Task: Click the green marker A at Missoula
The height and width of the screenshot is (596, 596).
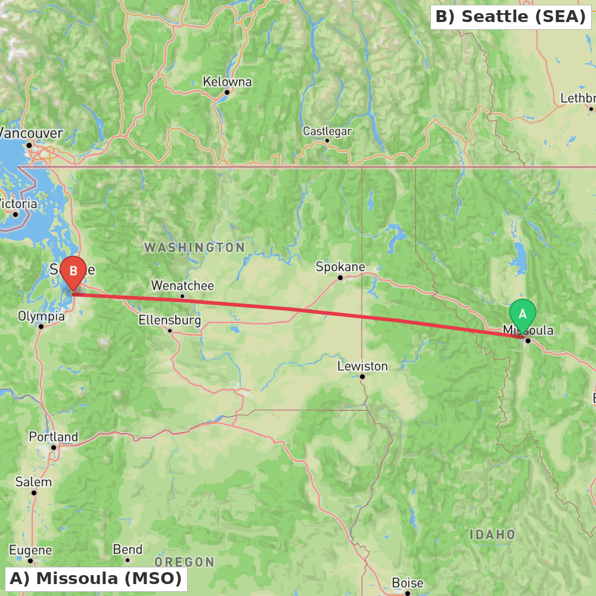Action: pos(523,314)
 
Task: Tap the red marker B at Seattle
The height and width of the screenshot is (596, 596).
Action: pos(73,272)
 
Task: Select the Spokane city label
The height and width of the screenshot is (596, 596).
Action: pos(340,267)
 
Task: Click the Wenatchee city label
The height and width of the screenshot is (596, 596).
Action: pos(182,285)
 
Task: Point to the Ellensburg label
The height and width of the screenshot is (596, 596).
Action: pos(170,320)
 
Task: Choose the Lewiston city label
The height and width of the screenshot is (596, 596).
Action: pos(362,366)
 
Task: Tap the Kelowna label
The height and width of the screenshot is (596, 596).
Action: pos(227,82)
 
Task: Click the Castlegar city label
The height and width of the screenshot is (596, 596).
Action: pos(327,131)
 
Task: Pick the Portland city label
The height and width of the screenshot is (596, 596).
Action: pos(54,437)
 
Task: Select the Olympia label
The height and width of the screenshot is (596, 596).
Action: pos(41,316)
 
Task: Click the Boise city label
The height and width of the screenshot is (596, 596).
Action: pos(408,583)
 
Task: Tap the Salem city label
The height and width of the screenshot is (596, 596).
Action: pos(34,482)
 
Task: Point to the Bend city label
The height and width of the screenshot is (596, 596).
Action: pos(128,550)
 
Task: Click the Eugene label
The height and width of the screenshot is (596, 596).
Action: pos(30,550)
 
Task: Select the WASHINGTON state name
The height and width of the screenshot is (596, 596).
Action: pos(194,247)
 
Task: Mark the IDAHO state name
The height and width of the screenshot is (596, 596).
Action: pos(492,535)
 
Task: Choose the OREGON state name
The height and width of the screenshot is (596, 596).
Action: pos(185,562)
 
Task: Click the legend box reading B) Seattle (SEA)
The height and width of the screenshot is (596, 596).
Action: pos(511,17)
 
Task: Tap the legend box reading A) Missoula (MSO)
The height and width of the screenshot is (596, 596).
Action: pos(96,578)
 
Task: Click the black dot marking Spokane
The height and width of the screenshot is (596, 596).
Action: pos(340,277)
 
